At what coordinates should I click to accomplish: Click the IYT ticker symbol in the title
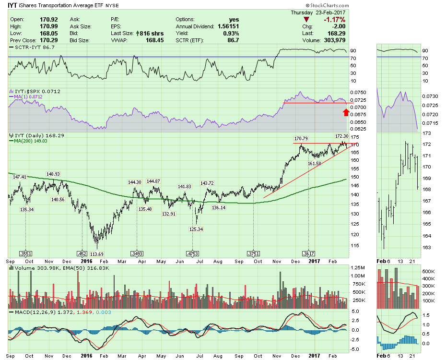13,6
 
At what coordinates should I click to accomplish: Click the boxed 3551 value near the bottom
25,253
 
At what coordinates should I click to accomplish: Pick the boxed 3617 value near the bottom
308,253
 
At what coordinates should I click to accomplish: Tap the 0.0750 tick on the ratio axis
359,92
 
